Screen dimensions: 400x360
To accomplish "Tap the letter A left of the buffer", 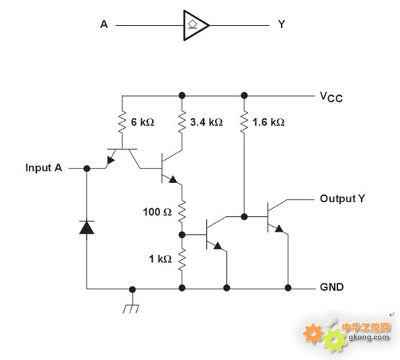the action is (x=104, y=24).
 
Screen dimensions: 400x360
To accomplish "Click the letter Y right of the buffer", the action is (x=282, y=24).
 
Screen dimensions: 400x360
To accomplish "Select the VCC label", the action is (x=331, y=97).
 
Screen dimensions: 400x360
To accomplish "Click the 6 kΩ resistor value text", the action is (x=143, y=122).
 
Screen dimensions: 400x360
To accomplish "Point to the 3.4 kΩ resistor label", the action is (x=206, y=122).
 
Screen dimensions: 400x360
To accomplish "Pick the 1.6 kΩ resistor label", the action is (x=268, y=122).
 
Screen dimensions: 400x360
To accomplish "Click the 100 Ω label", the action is (x=157, y=212).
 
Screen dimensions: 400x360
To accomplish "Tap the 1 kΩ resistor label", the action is (x=160, y=259).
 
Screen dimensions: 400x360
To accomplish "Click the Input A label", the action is (x=44, y=168).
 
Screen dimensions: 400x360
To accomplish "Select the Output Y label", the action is (x=342, y=199).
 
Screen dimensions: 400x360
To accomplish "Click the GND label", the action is (x=332, y=287).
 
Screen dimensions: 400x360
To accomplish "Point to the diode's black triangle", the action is (x=86, y=228).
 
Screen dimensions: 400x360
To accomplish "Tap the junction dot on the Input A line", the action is (x=86, y=168).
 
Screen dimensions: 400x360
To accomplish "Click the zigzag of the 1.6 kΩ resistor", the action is (x=244, y=122).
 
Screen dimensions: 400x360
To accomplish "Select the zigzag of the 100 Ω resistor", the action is (x=182, y=212).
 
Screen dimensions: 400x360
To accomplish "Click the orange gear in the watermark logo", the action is (x=313, y=333).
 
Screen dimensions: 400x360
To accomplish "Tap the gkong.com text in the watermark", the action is (x=369, y=338).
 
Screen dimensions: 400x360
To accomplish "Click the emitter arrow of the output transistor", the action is (x=279, y=228).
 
